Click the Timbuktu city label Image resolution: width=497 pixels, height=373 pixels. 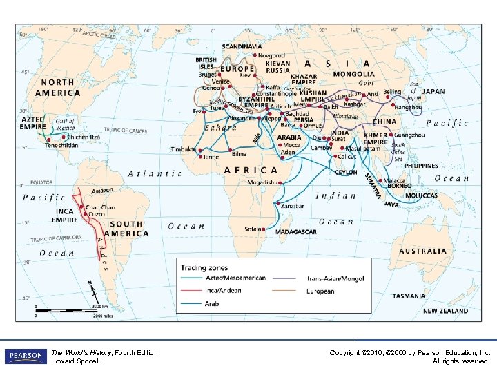183,149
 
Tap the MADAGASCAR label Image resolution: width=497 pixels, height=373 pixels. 297,232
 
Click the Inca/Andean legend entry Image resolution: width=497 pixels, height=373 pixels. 223,291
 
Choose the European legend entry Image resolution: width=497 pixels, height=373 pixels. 320,291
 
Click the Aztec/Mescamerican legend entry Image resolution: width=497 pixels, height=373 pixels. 235,278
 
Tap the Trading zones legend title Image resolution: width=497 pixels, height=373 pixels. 204,267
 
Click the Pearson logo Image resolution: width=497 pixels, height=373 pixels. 25,356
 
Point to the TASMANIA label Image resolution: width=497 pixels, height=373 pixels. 409,296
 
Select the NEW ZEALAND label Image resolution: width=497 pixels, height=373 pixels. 445,312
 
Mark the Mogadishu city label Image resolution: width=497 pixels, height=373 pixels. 265,182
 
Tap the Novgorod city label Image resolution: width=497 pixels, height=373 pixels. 271,55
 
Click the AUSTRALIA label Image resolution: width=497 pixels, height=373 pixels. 423,251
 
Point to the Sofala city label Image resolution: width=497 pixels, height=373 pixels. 253,228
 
